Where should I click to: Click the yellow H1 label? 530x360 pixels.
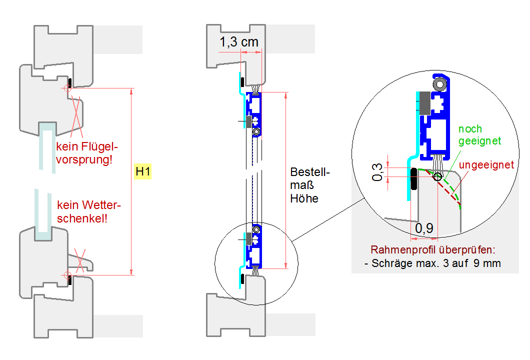143,172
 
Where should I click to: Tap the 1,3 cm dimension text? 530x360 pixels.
239,42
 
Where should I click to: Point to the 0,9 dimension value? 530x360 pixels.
424,228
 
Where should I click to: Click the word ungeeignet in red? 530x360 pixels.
486,164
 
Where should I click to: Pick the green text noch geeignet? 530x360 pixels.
479,135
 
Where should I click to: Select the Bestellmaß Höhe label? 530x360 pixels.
310,185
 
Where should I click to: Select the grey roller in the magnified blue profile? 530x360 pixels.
440,84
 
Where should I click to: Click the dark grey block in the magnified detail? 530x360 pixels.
425,103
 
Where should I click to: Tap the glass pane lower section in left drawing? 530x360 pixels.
44,210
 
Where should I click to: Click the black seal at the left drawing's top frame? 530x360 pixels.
70,81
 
